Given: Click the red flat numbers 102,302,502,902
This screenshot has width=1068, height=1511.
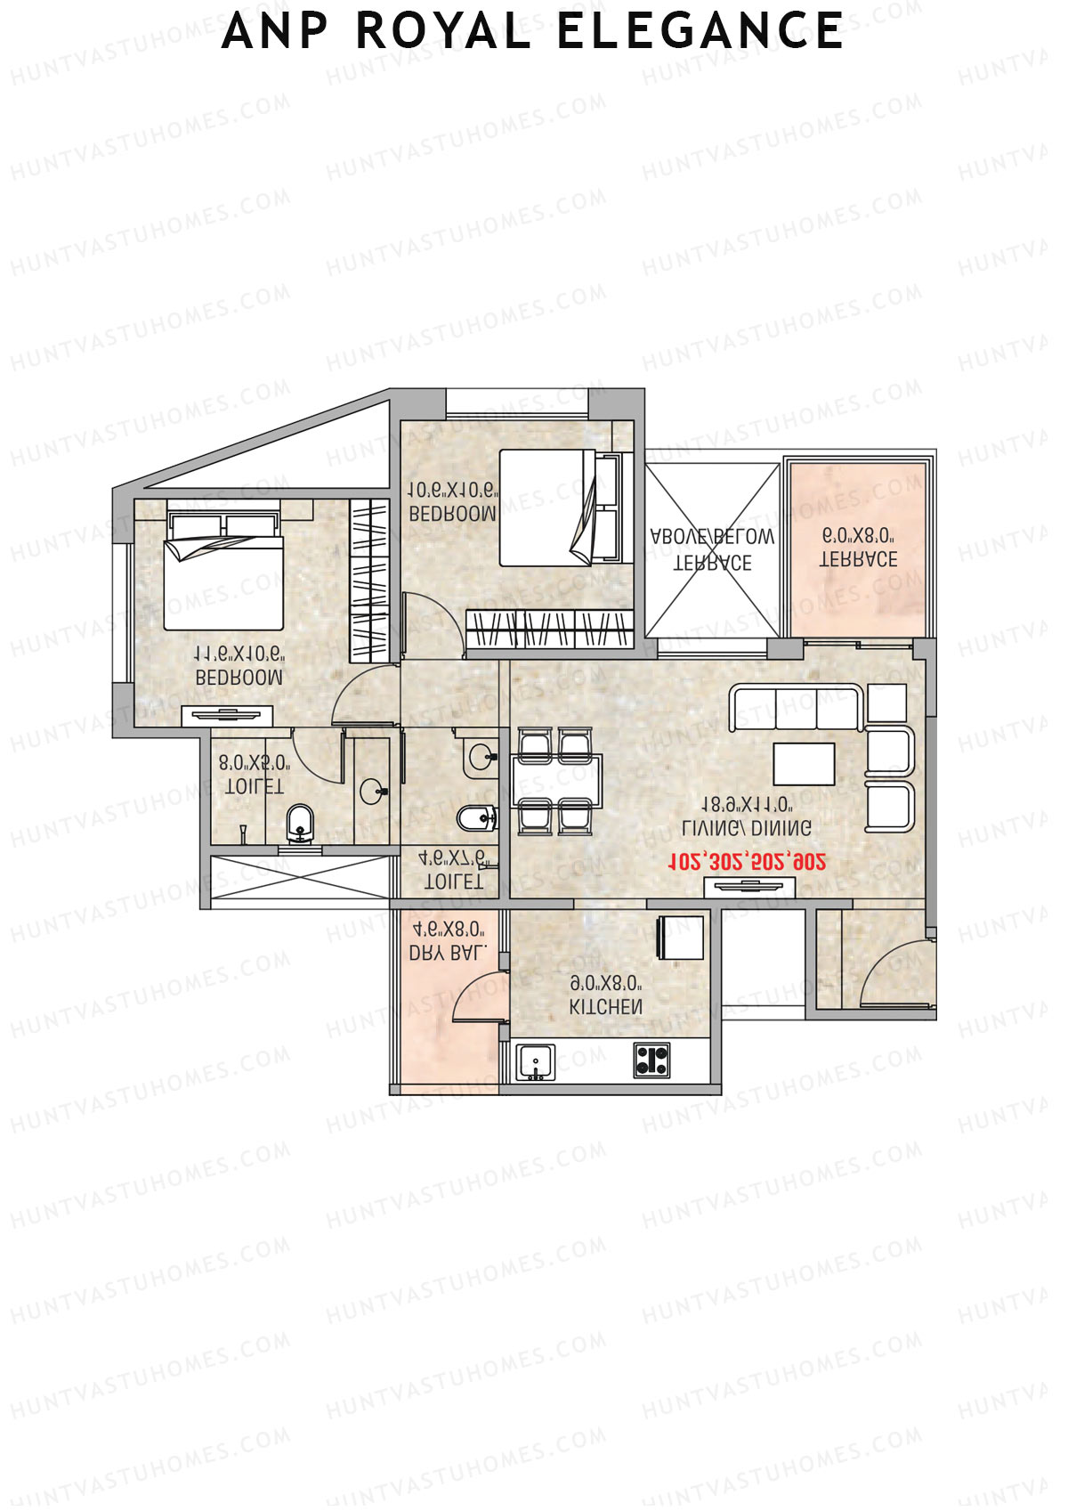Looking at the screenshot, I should [x=747, y=861].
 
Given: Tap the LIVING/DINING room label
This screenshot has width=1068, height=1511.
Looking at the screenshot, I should [x=747, y=828].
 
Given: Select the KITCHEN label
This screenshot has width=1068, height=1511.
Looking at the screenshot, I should [x=606, y=1007].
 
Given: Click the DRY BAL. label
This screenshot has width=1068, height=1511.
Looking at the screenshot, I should [x=448, y=952].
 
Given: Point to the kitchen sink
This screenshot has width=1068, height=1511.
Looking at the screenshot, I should [x=536, y=1061].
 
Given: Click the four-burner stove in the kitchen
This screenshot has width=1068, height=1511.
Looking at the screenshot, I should [x=652, y=1060].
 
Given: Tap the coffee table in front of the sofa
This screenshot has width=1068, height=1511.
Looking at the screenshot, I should [x=804, y=763].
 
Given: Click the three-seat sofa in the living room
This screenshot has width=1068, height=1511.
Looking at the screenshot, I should [x=796, y=707].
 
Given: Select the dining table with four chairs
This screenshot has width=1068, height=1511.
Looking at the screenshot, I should [x=557, y=781].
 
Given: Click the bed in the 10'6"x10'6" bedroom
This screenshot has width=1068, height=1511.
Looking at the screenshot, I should [x=546, y=508].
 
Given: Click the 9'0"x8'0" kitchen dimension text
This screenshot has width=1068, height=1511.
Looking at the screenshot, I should [x=606, y=984].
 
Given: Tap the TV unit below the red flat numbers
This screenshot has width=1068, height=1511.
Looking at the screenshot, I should [x=749, y=886].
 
